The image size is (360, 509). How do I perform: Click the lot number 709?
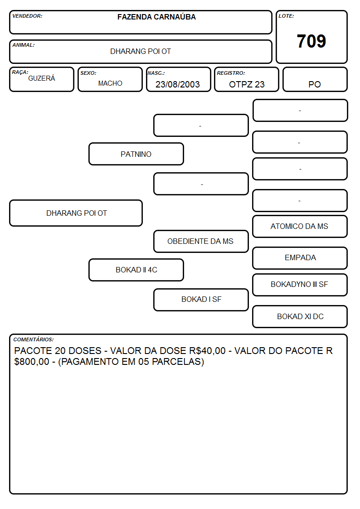(311, 41)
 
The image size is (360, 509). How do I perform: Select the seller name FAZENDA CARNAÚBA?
(156, 17)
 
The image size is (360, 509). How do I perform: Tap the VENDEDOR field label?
(27, 16)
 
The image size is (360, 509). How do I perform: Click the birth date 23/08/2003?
(178, 84)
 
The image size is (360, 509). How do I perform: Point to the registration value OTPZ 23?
(247, 84)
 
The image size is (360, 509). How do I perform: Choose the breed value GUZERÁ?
(42, 78)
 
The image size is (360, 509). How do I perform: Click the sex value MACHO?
(110, 83)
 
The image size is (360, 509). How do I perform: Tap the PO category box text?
(315, 84)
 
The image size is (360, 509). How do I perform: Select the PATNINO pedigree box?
(136, 154)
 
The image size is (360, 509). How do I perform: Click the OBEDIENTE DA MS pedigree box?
(201, 241)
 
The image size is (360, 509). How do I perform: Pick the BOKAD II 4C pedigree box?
(136, 270)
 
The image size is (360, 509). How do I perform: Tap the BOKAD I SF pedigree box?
(201, 300)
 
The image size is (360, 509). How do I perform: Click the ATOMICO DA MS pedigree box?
(300, 226)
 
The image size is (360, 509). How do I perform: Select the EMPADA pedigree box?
(300, 258)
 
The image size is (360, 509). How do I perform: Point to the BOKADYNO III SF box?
(300, 285)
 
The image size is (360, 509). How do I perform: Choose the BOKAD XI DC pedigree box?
(300, 316)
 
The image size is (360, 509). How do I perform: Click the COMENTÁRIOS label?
(34, 339)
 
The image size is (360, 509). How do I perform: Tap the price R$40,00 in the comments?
(207, 350)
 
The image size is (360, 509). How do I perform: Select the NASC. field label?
(156, 73)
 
